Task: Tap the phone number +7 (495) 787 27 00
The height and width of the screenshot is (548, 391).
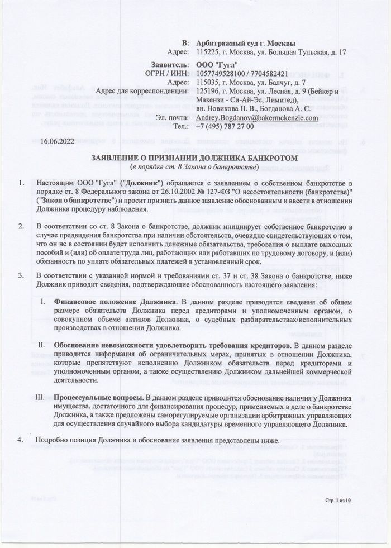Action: point(221,127)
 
